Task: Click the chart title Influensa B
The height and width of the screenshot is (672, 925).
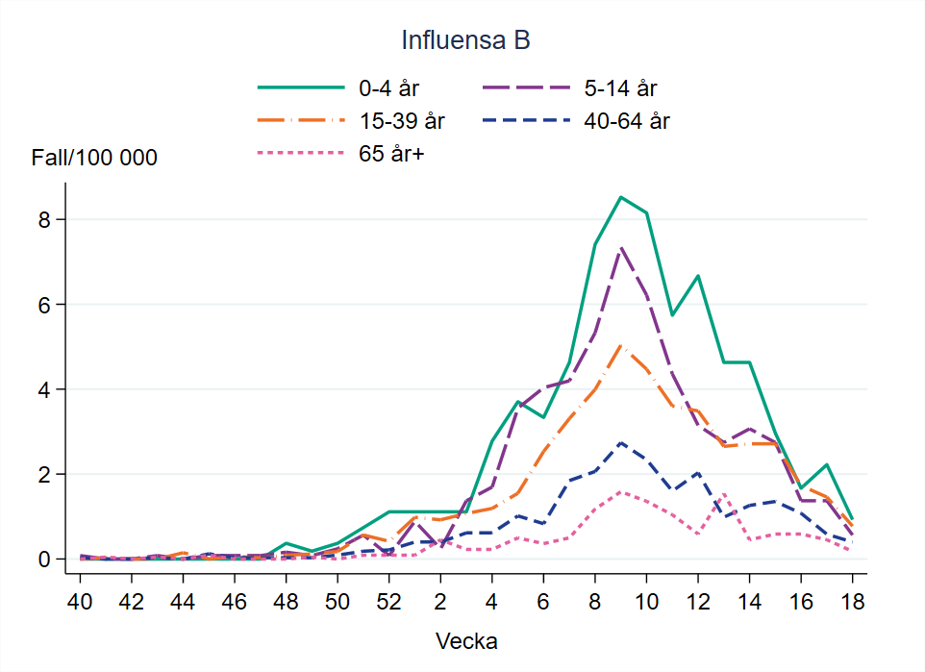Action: [466, 41]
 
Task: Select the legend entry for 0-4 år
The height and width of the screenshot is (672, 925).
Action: [388, 88]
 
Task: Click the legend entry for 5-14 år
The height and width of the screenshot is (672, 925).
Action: [620, 88]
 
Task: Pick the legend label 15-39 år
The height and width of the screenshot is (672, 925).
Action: [402, 121]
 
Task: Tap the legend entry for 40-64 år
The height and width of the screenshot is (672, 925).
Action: [626, 121]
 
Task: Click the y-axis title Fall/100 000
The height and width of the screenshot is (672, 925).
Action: [94, 159]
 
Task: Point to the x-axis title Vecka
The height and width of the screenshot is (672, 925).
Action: [466, 640]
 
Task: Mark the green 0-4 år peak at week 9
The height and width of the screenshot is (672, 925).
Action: [620, 197]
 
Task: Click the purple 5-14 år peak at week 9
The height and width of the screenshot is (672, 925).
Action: [620, 248]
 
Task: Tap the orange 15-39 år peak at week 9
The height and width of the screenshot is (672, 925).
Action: [620, 346]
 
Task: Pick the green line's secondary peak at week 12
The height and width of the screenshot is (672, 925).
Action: [697, 276]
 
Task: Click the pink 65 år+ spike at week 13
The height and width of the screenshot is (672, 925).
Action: [723, 494]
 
